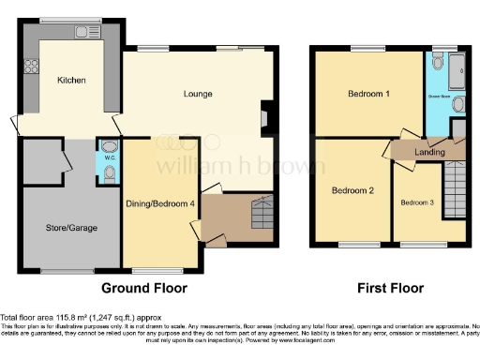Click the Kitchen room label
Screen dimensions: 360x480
[71, 81]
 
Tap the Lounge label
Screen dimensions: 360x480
[197, 94]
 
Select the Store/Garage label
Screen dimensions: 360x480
[71, 228]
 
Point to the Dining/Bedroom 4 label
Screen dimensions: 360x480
[160, 203]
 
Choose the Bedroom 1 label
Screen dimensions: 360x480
[368, 95]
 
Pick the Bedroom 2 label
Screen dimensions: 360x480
[353, 190]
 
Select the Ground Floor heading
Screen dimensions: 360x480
[143, 288]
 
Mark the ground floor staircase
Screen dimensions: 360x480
[258, 214]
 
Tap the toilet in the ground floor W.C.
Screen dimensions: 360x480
[108, 147]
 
